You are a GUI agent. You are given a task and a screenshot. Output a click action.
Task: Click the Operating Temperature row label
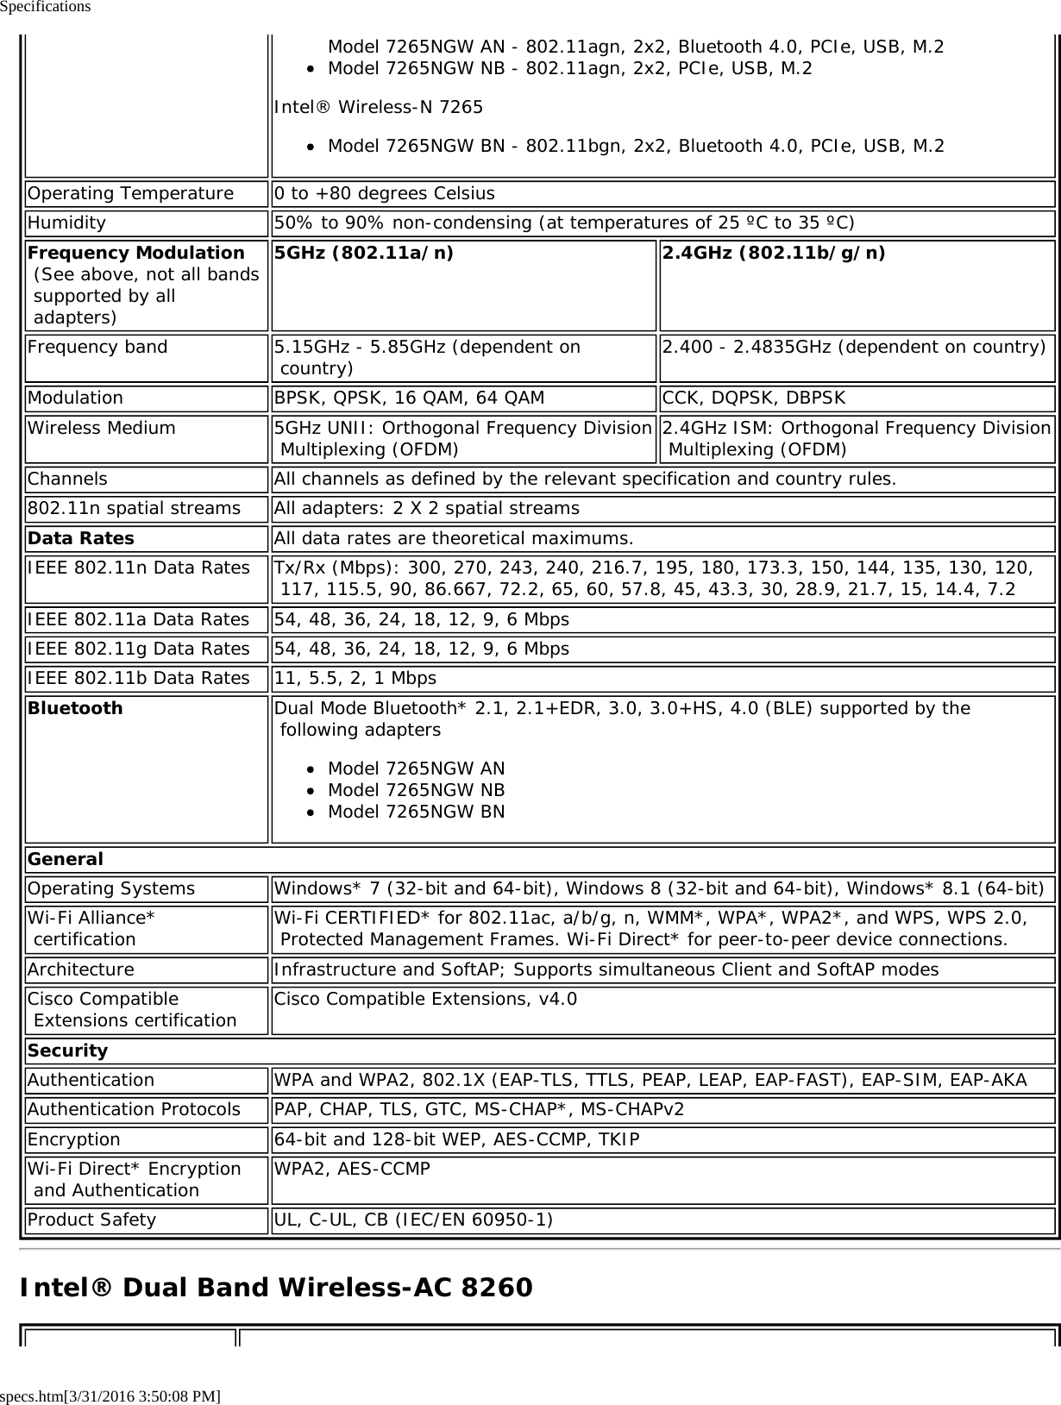(130, 193)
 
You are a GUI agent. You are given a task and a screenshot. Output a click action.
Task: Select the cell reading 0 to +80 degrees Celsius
(385, 193)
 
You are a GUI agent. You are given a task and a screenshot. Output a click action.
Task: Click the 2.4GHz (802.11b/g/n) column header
(773, 253)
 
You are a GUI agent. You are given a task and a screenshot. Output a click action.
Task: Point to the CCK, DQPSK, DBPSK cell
(754, 398)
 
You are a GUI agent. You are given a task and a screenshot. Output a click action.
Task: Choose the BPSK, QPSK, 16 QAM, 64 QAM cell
(409, 398)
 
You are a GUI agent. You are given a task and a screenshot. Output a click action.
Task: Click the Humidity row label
(67, 223)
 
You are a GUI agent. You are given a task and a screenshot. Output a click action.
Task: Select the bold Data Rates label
(81, 538)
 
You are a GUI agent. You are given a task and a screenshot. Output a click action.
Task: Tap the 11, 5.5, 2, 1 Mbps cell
(355, 678)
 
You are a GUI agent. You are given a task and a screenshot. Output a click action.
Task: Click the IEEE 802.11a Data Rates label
(138, 619)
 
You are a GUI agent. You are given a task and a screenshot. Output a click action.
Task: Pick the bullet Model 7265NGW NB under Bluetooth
(417, 790)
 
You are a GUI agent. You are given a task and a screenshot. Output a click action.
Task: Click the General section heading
(66, 859)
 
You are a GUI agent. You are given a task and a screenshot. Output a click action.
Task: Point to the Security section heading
(68, 1051)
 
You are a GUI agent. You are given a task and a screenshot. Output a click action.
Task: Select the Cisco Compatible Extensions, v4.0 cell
(425, 999)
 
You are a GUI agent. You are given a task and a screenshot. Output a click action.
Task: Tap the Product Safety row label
(92, 1220)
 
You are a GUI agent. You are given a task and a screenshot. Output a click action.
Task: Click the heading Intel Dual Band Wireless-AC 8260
(276, 1288)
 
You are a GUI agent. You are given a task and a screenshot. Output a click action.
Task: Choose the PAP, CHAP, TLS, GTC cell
(479, 1109)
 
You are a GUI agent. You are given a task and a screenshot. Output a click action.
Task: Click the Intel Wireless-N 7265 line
(379, 107)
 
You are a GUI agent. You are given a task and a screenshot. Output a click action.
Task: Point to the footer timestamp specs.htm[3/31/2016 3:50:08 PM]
(110, 1395)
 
